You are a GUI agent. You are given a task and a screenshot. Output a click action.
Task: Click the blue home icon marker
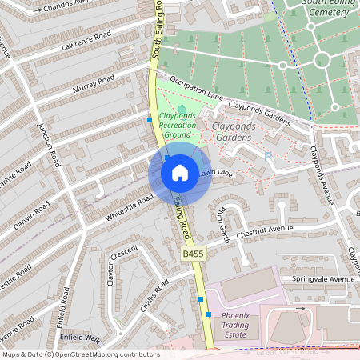point(180,173)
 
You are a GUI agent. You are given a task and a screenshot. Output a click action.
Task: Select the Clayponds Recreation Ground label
point(178,124)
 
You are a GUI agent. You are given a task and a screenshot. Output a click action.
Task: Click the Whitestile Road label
point(129,207)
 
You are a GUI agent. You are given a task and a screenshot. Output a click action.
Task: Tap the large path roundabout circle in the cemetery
point(322,59)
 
